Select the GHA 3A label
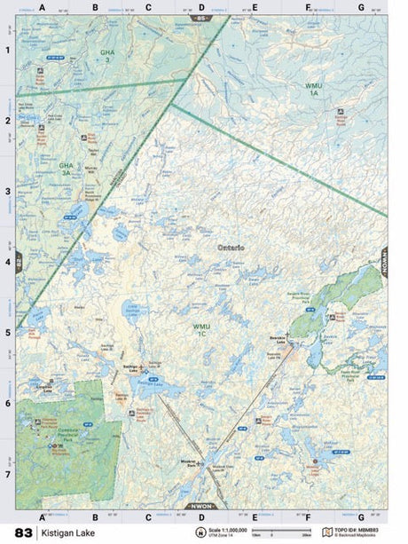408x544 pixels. (66, 168)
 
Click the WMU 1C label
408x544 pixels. (201, 329)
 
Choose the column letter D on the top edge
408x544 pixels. (201, 8)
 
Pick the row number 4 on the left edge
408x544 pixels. (8, 263)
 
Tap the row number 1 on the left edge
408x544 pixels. (8, 50)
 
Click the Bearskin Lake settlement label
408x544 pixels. (279, 338)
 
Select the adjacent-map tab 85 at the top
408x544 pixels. (201, 18)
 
